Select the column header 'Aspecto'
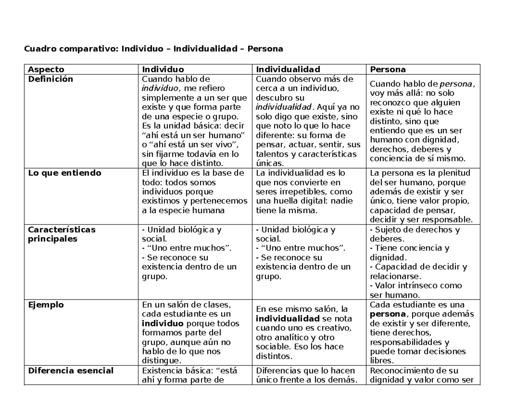[x=46, y=69]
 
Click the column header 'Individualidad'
[x=288, y=69]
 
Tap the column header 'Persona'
[x=388, y=69]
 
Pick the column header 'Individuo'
[x=163, y=69]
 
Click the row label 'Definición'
[x=50, y=79]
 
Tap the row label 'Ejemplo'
[x=46, y=305]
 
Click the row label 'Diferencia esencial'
[x=71, y=371]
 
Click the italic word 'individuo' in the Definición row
[x=157, y=88]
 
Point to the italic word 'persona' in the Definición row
[x=456, y=84]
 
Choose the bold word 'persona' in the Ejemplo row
[x=387, y=314]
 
